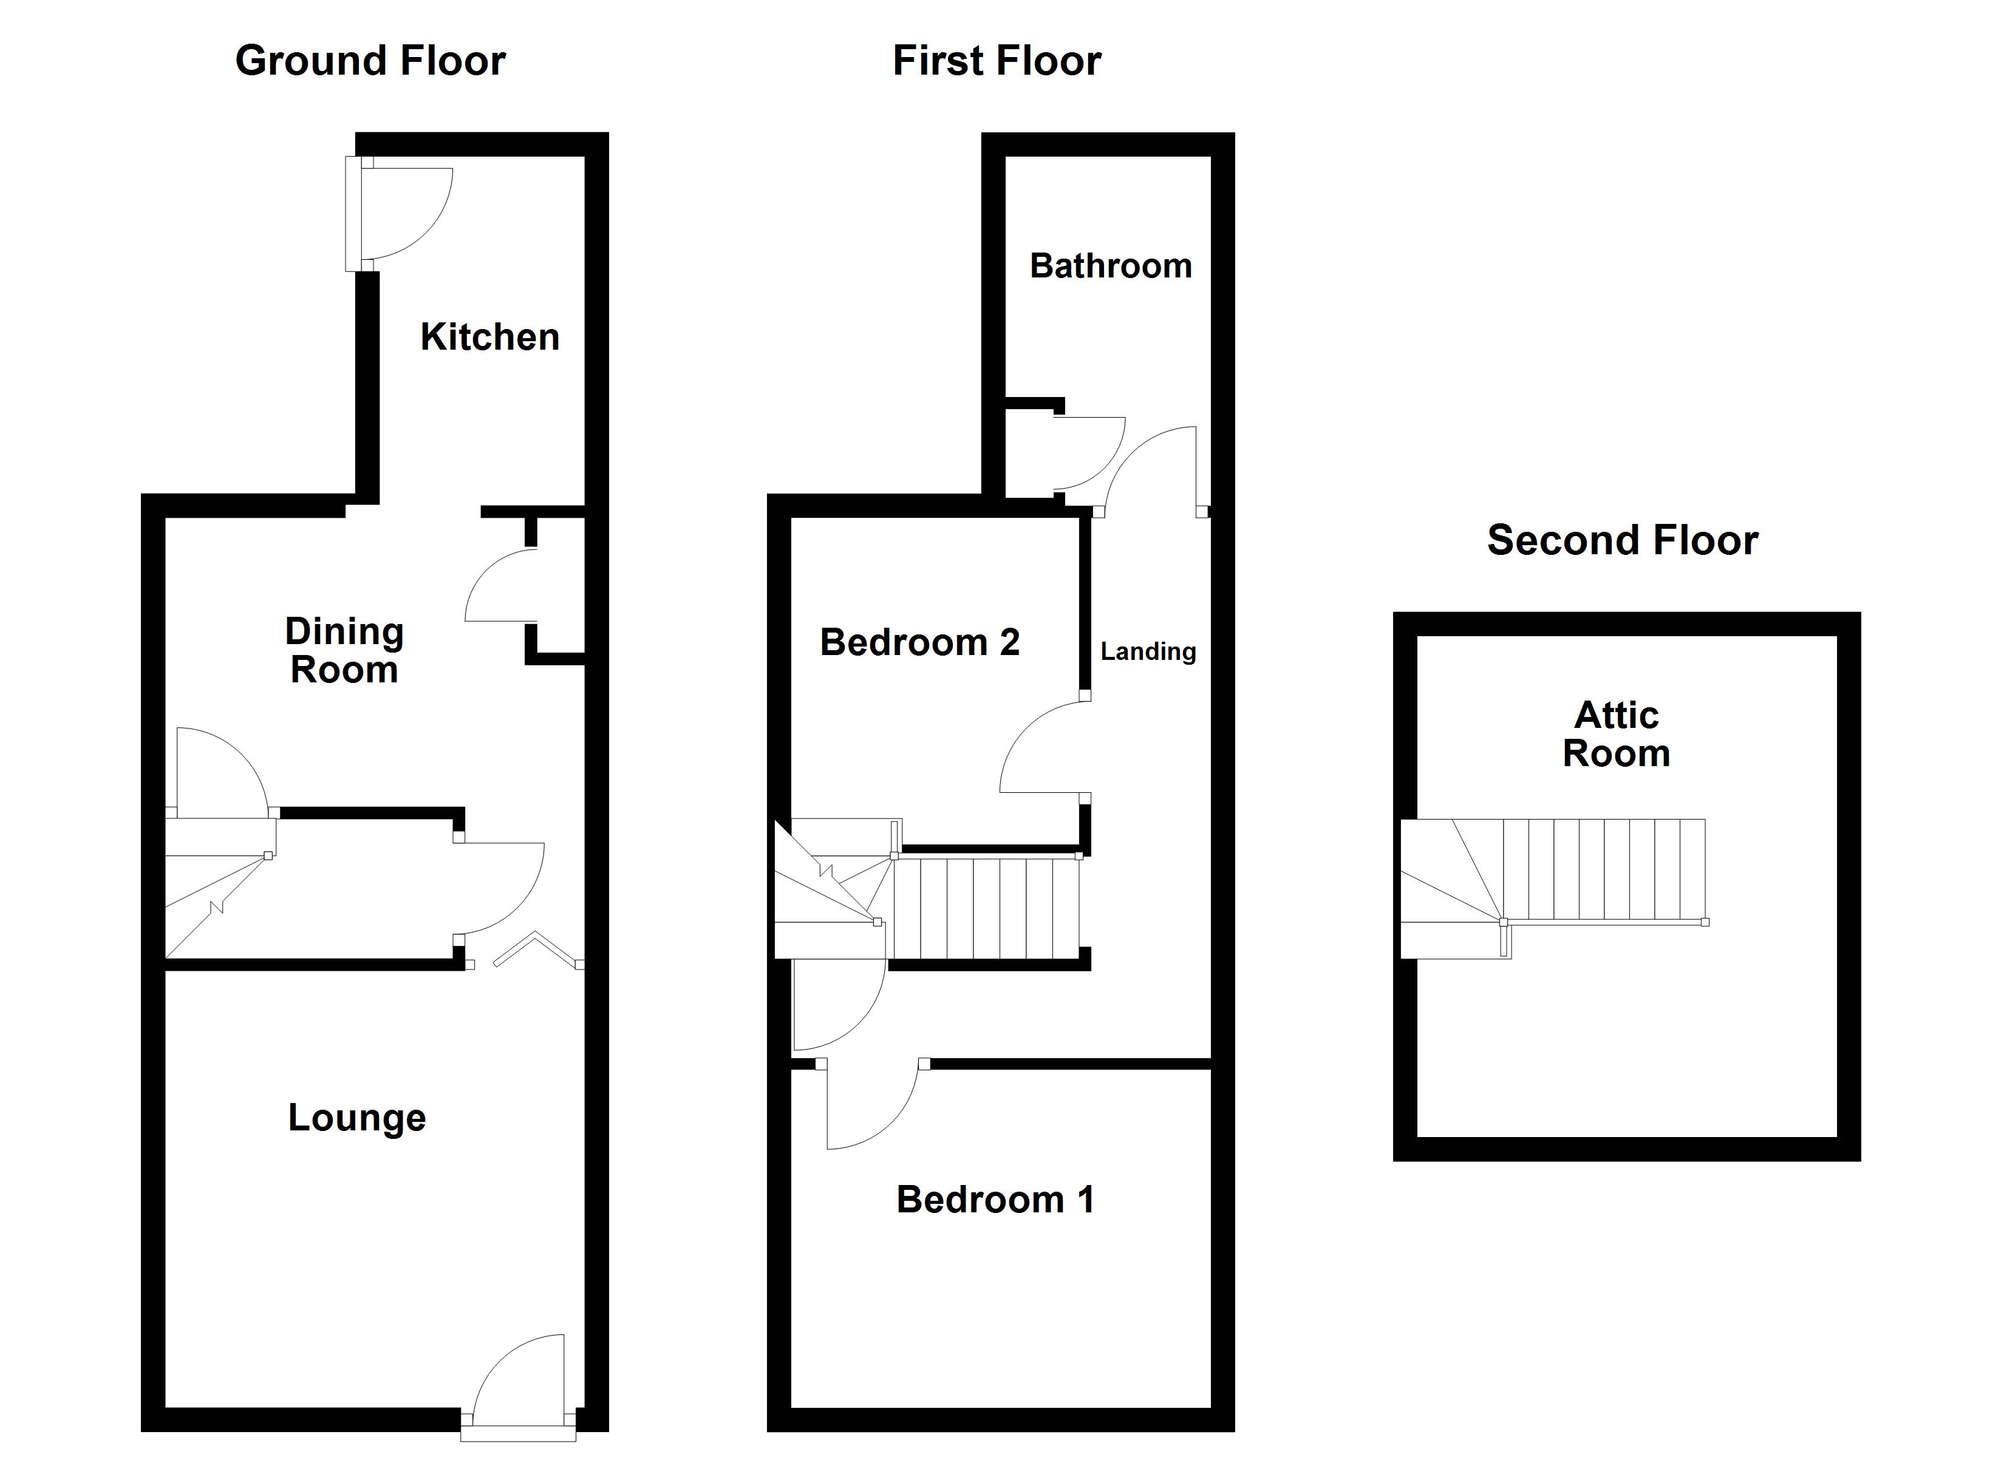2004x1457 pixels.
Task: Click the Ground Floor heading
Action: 370,61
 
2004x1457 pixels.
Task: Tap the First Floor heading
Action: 997,61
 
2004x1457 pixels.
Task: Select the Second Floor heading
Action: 1622,540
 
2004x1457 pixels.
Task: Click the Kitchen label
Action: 489,337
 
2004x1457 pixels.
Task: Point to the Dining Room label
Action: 344,650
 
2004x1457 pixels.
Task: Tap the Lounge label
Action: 357,1118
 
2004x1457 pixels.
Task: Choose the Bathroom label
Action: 1111,266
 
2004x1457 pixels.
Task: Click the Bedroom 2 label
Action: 920,642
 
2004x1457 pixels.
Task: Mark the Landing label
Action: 1148,652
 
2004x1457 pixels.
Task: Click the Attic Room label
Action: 1616,734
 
